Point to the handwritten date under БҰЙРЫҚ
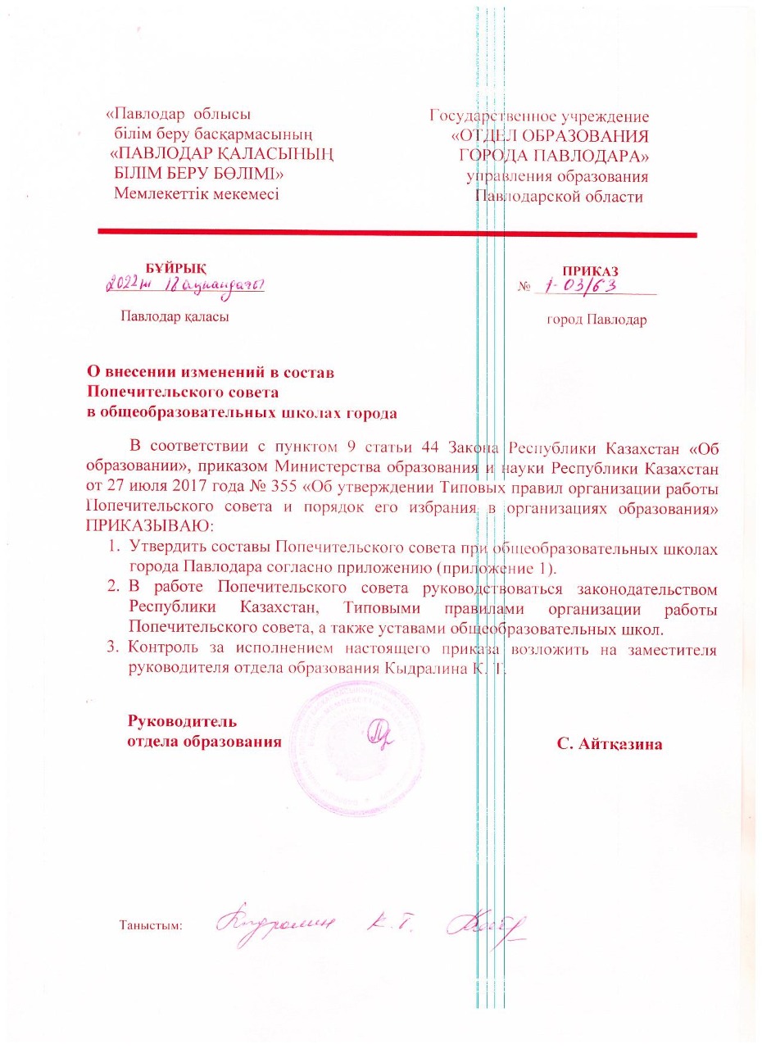pyautogui.click(x=188, y=286)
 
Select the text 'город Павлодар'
pyautogui.click(x=596, y=320)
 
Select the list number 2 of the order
pyautogui.click(x=115, y=588)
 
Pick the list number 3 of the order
pyautogui.click(x=115, y=650)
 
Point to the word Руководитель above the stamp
pyautogui.click(x=182, y=722)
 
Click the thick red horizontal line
pyautogui.click(x=397, y=234)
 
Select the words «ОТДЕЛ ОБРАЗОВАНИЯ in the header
pyautogui.click(x=550, y=136)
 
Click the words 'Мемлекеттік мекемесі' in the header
pyautogui.click(x=197, y=194)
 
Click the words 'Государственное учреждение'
pyautogui.click(x=539, y=116)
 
